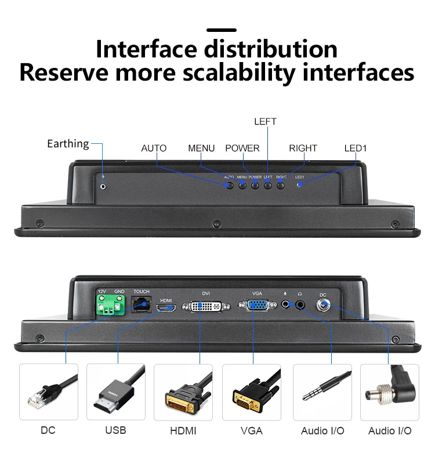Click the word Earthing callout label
pos(68,143)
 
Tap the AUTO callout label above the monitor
pos(154,148)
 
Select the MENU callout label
pos(201,148)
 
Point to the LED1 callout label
pos(356,148)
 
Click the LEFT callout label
pos(265,122)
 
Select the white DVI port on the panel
pos(206,306)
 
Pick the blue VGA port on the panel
pos(258,306)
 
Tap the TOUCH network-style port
pos(142,304)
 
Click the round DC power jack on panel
pos(323,304)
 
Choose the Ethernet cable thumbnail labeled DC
pos(48,392)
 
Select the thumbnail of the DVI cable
pos(183,392)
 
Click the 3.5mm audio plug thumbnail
pos(322,392)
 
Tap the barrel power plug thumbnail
pos(389,392)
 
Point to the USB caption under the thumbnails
pos(115,430)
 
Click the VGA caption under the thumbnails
pos(251,431)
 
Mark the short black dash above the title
pos(222,30)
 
